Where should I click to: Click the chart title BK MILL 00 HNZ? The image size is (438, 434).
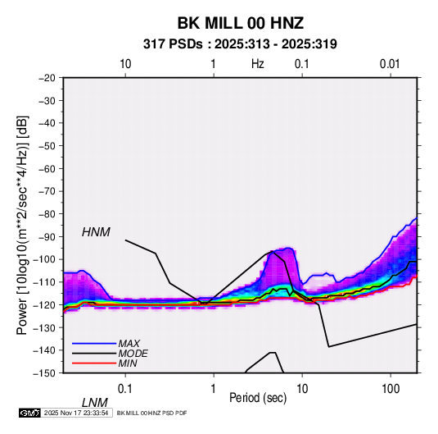tap(241, 23)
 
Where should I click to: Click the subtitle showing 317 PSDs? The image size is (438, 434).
tap(240, 44)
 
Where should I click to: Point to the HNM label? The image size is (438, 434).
tap(96, 232)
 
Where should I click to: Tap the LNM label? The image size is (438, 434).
tap(95, 403)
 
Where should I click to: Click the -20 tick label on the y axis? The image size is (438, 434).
tap(47, 78)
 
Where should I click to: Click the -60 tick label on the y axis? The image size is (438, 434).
tap(47, 168)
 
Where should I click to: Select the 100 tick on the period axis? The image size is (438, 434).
tap(391, 389)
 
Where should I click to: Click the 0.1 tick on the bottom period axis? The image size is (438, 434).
tap(125, 389)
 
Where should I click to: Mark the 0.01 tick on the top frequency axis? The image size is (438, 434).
tap(390, 64)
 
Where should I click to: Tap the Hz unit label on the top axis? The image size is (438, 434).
tap(258, 64)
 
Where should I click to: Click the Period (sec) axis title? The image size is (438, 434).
tap(258, 398)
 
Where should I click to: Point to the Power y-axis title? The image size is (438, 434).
tap(22, 226)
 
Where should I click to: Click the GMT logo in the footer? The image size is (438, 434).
tap(30, 413)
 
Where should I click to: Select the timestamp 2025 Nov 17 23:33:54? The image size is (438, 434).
tap(76, 413)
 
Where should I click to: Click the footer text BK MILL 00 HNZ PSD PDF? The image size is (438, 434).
tap(151, 413)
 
